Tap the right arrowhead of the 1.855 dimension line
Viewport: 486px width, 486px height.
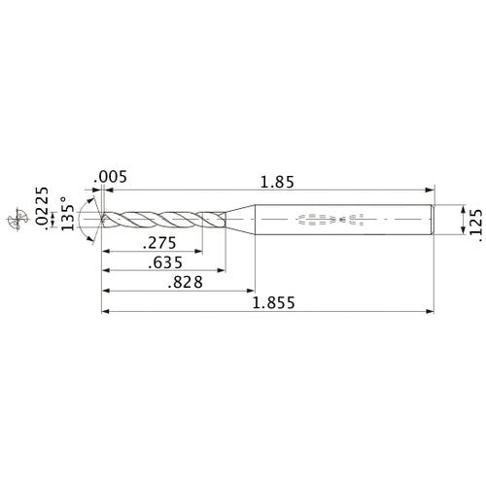point(428,312)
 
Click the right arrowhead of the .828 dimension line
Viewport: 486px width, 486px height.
point(250,291)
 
